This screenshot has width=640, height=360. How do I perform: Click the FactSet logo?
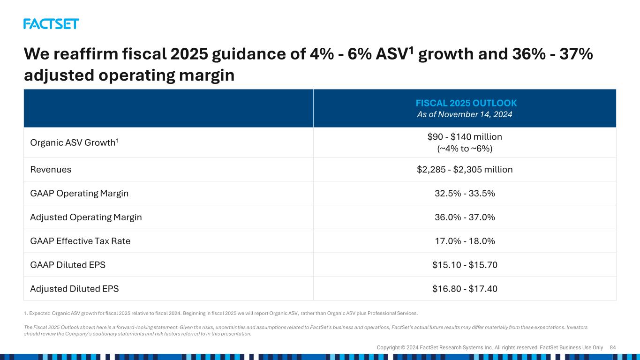(x=51, y=24)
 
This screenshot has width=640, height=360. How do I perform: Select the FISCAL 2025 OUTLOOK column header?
(x=466, y=103)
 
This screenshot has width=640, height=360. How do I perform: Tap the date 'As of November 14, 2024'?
(x=465, y=114)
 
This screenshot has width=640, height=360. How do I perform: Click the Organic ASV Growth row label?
(x=74, y=142)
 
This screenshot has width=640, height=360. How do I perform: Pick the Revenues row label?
(x=51, y=169)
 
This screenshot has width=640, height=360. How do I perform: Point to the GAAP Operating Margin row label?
(x=79, y=194)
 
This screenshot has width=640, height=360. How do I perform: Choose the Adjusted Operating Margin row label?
(x=86, y=217)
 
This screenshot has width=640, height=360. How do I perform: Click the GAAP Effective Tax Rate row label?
(x=80, y=241)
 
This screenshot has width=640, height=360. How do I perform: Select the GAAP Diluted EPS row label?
(x=68, y=265)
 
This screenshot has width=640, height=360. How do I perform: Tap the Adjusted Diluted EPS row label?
(x=74, y=289)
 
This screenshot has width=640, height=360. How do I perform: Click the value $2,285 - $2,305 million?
(x=465, y=169)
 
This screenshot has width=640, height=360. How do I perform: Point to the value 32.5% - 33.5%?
(x=465, y=194)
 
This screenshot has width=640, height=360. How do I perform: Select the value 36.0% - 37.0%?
(x=465, y=217)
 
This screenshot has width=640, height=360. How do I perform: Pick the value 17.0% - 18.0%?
(x=465, y=241)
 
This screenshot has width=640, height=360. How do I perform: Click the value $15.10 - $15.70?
(x=465, y=265)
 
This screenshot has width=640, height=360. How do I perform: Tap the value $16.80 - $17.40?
(x=465, y=289)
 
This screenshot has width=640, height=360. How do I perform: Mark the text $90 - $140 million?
(x=465, y=136)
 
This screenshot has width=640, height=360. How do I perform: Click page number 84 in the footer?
(x=613, y=347)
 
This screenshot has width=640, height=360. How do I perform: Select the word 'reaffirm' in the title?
(x=86, y=54)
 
